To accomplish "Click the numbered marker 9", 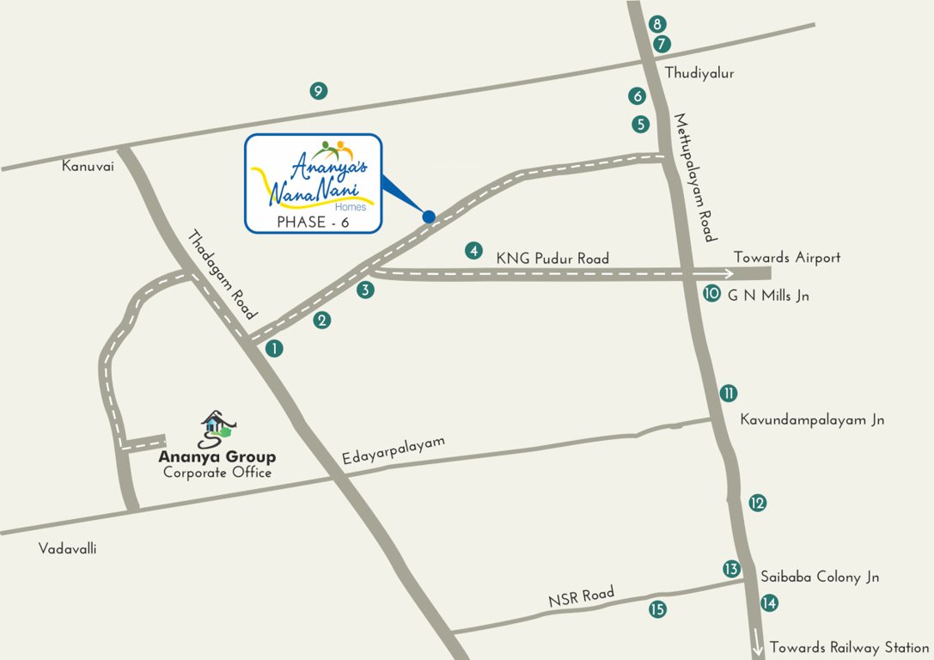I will click(x=318, y=90).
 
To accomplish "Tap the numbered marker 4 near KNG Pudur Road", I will click(x=473, y=251).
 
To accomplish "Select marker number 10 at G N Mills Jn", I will click(x=711, y=293).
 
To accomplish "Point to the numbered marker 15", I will click(x=657, y=609).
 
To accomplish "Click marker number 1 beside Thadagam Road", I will click(x=273, y=348).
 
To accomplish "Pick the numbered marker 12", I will click(x=757, y=503).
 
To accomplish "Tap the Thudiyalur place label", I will click(x=699, y=74).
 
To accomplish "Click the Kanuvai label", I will click(x=88, y=165).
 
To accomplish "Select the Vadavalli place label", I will click(x=68, y=548).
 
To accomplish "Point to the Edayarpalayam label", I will click(x=394, y=452).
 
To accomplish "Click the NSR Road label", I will click(x=582, y=597).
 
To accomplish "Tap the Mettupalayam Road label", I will click(x=694, y=177).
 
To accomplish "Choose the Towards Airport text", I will click(x=786, y=258).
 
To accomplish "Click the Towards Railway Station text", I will click(x=849, y=647).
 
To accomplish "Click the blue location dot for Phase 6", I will click(x=429, y=217).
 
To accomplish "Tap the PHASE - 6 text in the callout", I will click(x=313, y=222).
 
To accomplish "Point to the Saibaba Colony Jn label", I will click(x=820, y=577).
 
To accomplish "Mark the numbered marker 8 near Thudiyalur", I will click(x=658, y=24).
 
